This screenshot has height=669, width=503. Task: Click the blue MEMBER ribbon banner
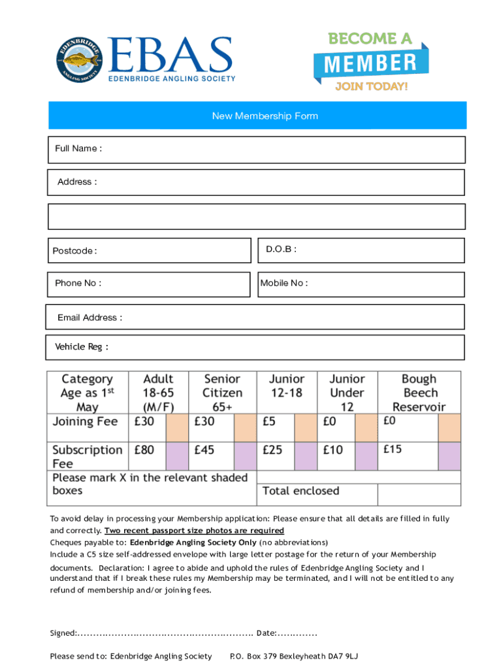pyautogui.click(x=370, y=64)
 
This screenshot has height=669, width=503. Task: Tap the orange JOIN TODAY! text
pyautogui.click(x=371, y=87)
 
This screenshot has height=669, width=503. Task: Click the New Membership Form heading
pyautogui.click(x=265, y=116)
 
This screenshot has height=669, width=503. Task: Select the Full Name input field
pyautogui.click(x=281, y=150)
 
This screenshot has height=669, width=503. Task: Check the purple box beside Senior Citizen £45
pyautogui.click(x=245, y=455)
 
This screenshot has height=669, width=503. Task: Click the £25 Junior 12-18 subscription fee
pyautogui.click(x=273, y=451)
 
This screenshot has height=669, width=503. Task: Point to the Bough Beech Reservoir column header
pyautogui.click(x=419, y=393)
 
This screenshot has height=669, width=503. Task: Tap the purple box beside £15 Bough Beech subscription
pyautogui.click(x=449, y=455)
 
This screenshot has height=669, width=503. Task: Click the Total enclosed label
pyautogui.click(x=300, y=491)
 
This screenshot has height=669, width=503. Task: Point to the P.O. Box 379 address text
pyautogui.click(x=294, y=656)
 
